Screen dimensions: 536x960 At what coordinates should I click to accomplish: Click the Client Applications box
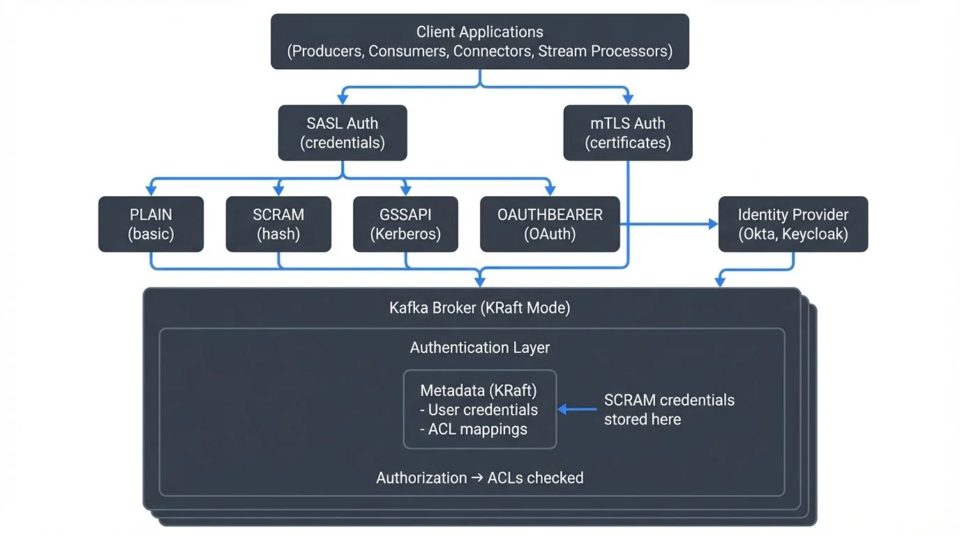tap(479, 42)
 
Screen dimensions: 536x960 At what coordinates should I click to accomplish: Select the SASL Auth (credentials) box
tap(342, 133)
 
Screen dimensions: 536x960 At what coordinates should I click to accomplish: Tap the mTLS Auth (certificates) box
tap(628, 133)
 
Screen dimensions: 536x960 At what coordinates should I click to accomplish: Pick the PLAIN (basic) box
tap(151, 224)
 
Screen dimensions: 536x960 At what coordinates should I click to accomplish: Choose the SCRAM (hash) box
tap(278, 224)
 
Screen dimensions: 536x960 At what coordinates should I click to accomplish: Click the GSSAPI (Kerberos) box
tap(405, 224)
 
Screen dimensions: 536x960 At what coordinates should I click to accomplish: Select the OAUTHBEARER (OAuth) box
tap(550, 224)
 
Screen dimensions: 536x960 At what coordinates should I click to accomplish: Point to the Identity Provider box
tap(793, 224)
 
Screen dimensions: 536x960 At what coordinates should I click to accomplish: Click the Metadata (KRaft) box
tap(479, 410)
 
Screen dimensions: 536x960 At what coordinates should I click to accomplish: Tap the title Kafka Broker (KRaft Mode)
tap(479, 308)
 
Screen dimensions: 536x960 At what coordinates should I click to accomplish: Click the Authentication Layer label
tap(479, 348)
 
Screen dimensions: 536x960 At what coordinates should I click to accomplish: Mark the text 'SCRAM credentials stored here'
tap(668, 410)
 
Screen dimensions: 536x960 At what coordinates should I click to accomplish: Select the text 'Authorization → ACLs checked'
tap(479, 478)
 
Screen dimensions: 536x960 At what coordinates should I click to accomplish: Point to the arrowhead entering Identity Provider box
tap(713, 224)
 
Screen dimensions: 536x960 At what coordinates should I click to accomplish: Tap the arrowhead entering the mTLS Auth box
tap(628, 100)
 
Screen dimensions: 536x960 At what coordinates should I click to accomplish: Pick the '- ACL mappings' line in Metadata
tap(474, 429)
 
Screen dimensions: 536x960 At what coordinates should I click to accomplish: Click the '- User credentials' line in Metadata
tap(479, 410)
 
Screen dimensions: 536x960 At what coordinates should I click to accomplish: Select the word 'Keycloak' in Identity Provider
tap(815, 234)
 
